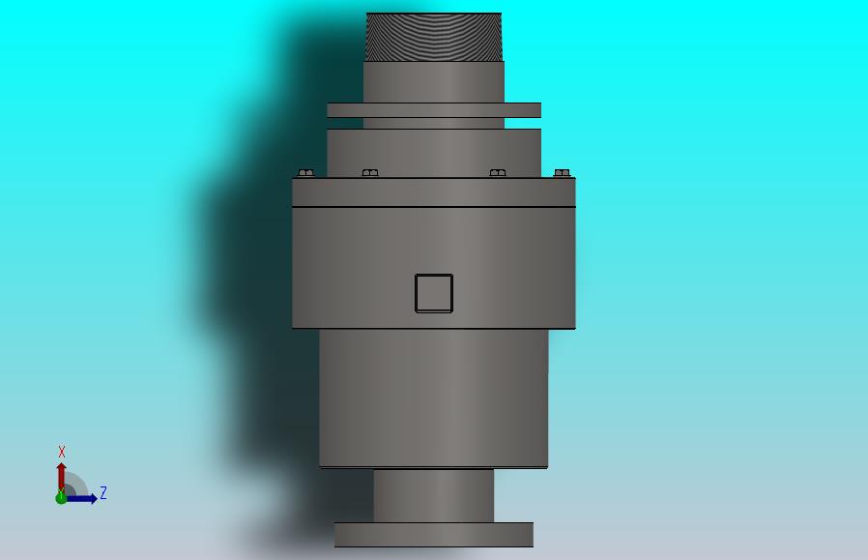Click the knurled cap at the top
434,37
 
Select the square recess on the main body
434,294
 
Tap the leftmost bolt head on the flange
306,173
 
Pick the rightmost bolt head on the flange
562,173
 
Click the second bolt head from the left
370,173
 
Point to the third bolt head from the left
498,173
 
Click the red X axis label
62,452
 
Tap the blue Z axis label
103,492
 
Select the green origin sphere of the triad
61,498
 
